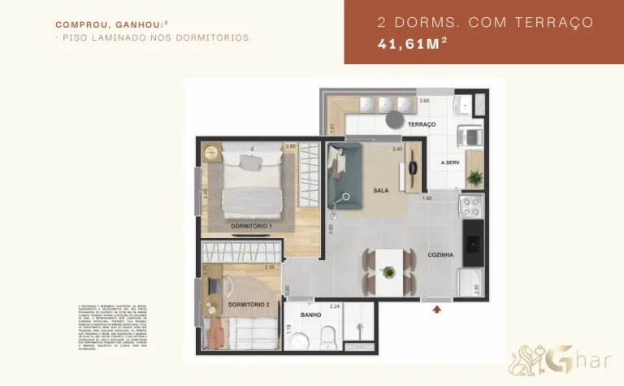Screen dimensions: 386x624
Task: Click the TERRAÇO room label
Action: point(422,124)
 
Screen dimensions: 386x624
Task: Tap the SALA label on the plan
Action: point(380,191)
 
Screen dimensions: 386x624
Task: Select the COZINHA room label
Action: point(440,255)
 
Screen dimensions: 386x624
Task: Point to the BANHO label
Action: point(310,314)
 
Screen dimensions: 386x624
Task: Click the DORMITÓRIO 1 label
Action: point(251,225)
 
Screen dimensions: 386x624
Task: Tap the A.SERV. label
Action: point(451,163)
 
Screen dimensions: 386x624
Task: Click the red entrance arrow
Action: point(439,309)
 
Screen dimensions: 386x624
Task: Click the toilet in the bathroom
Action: point(328,336)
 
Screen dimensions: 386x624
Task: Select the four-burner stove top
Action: point(470,206)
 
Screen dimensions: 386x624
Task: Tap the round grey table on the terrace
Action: point(394,119)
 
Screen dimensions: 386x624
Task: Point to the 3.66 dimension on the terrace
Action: point(423,101)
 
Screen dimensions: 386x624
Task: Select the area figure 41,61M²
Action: point(412,45)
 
